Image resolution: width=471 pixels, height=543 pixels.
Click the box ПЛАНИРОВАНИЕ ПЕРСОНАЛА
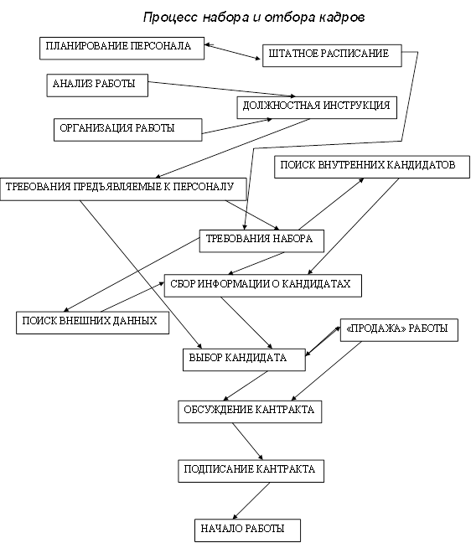pyautogui.click(x=122, y=48)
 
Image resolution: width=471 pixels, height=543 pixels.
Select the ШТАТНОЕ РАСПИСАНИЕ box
pyautogui.click(x=332, y=55)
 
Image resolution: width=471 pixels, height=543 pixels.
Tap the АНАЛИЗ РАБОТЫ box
pyautogui.click(x=97, y=85)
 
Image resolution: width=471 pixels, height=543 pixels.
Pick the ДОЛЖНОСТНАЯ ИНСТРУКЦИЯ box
pyautogui.click(x=317, y=108)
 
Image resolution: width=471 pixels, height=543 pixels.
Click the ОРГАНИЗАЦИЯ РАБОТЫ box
pyautogui.click(x=127, y=130)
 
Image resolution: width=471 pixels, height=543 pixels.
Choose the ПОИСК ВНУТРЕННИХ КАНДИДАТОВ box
pyautogui.click(x=372, y=167)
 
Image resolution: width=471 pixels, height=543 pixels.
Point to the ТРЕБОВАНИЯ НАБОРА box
pyautogui.click(x=261, y=240)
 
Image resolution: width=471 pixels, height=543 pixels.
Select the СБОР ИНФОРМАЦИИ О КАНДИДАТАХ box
pyautogui.click(x=263, y=286)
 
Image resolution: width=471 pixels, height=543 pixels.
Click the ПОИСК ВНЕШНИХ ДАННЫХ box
pyautogui.click(x=92, y=323)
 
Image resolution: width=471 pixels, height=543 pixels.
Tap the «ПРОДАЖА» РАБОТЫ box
pyautogui.click(x=399, y=330)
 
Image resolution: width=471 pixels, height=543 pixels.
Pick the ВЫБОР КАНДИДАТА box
pyautogui.click(x=244, y=359)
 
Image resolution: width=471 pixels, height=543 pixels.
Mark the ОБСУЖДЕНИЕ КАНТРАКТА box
pyautogui.click(x=250, y=411)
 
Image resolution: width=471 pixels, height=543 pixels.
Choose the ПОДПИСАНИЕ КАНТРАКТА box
pyautogui.click(x=251, y=471)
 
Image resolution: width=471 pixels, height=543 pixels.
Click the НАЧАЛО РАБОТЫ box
pyautogui.click(x=247, y=530)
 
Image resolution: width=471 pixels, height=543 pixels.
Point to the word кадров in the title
pyautogui.click(x=342, y=18)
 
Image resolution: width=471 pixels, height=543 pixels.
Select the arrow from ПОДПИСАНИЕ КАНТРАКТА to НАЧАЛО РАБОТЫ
pyautogui.click(x=251, y=501)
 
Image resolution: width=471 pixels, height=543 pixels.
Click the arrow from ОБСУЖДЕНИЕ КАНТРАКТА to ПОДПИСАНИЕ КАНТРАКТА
pyautogui.click(x=247, y=441)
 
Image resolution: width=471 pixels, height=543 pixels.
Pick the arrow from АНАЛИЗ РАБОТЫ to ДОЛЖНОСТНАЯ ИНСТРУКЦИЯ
pyautogui.click(x=221, y=89)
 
